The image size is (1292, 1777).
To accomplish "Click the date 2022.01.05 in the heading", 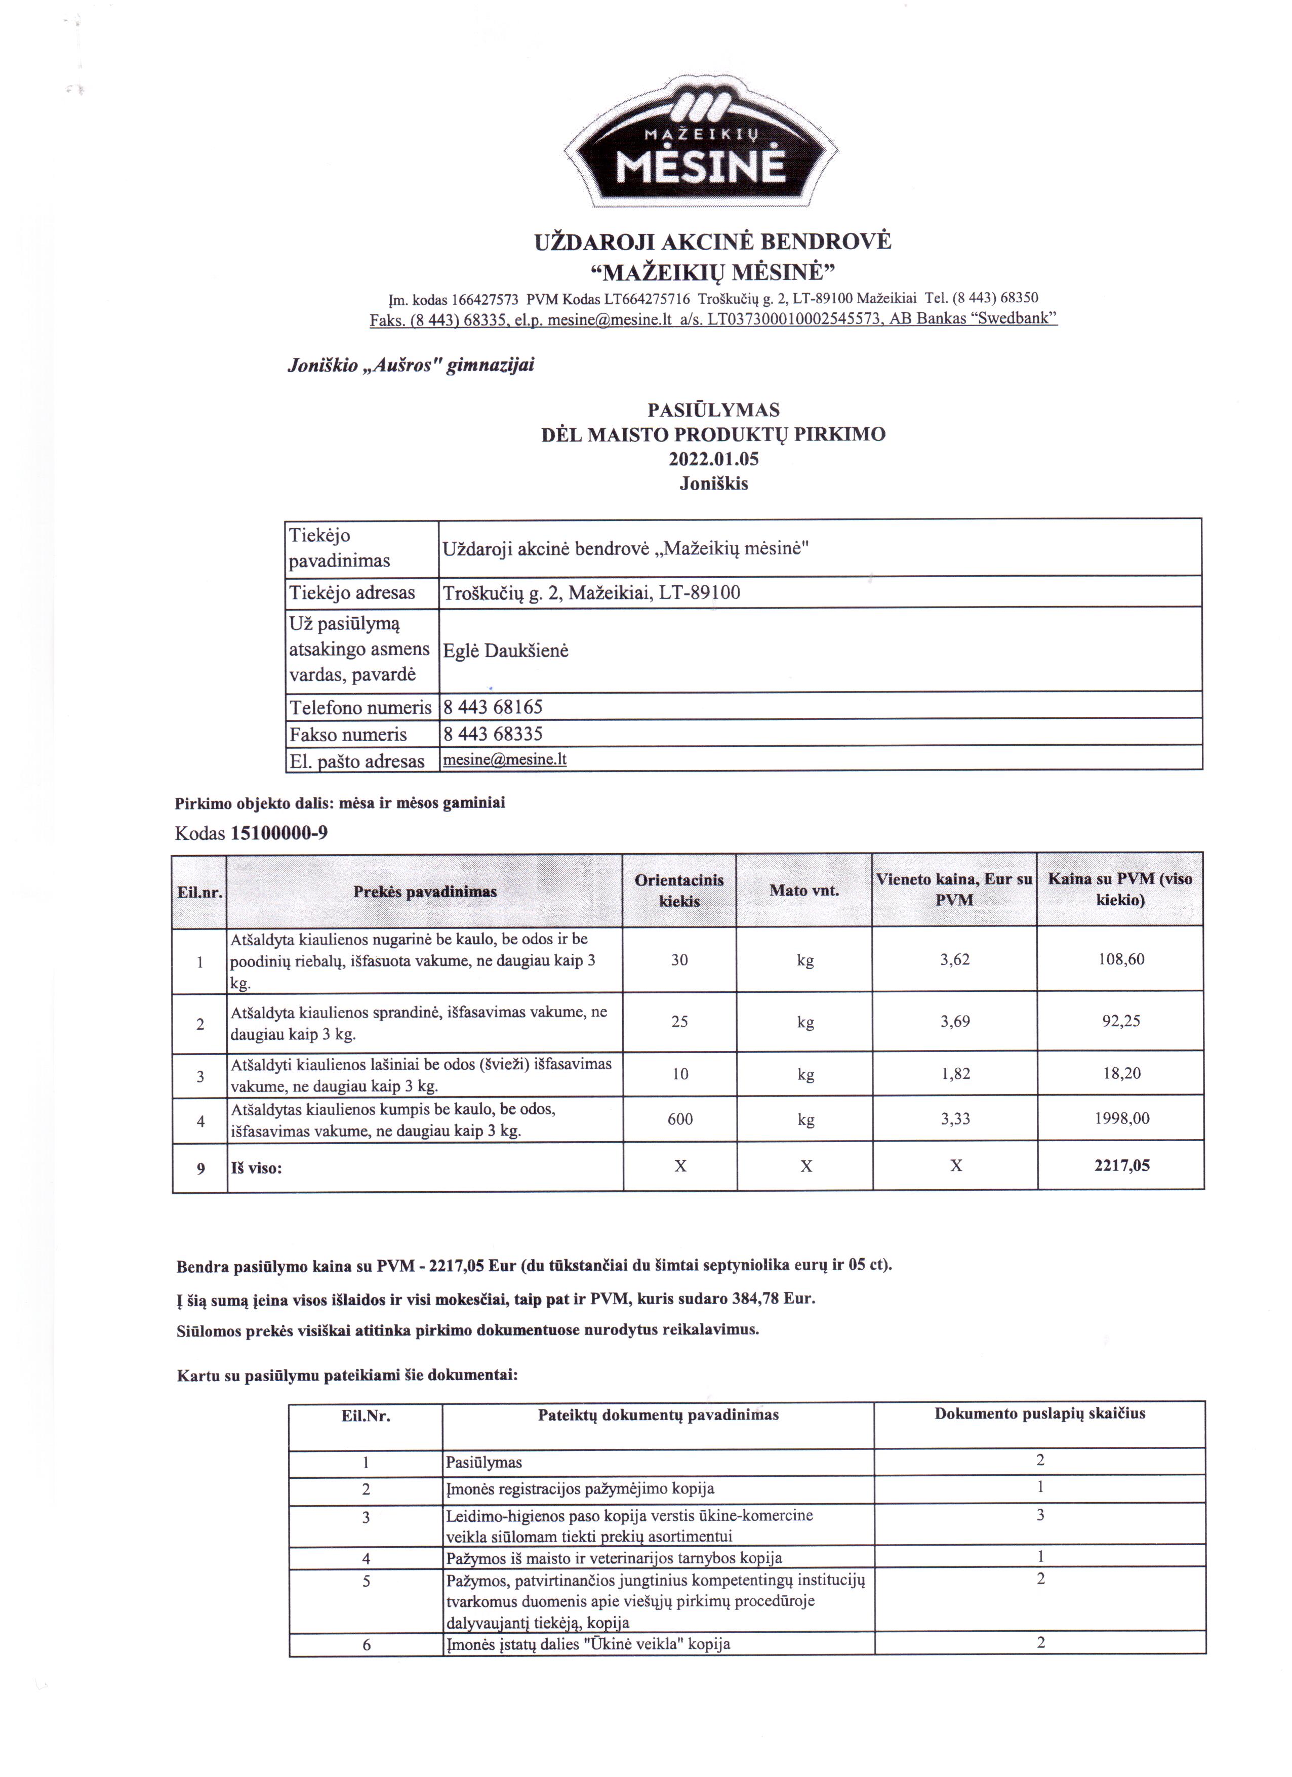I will pos(713,458).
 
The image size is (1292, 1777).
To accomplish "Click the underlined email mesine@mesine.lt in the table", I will pos(505,759).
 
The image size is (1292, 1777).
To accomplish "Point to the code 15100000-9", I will pos(279,832).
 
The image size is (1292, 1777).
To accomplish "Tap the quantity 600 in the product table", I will pos(679,1119).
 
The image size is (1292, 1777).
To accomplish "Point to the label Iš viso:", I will pos(256,1167).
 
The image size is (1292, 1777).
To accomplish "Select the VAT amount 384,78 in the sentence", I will pos(758,1298).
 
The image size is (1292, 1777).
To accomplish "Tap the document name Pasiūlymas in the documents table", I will pos(483,1462).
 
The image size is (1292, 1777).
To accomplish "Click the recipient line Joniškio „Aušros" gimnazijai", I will pos(411,365).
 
